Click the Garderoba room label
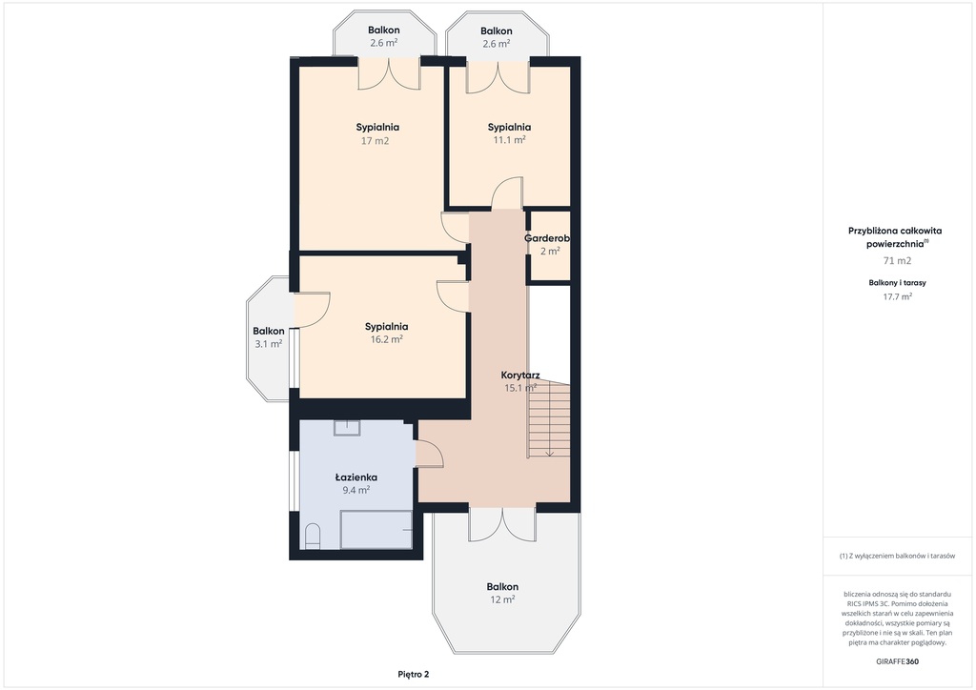click(x=546, y=238)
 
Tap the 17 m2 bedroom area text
click(x=375, y=141)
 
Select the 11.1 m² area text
click(x=509, y=140)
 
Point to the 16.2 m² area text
click(x=387, y=339)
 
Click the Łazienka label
click(x=356, y=477)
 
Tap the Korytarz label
click(x=520, y=375)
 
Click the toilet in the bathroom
click(x=313, y=537)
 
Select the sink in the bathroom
click(x=347, y=428)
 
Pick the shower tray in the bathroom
click(x=376, y=530)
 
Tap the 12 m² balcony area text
click(x=502, y=599)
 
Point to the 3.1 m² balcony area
click(x=268, y=344)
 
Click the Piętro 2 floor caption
click(x=414, y=675)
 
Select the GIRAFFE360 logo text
click(x=897, y=661)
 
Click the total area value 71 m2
click(x=897, y=261)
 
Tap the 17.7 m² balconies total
click(x=897, y=296)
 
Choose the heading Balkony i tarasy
click(x=897, y=282)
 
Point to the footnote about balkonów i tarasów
click(x=897, y=556)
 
